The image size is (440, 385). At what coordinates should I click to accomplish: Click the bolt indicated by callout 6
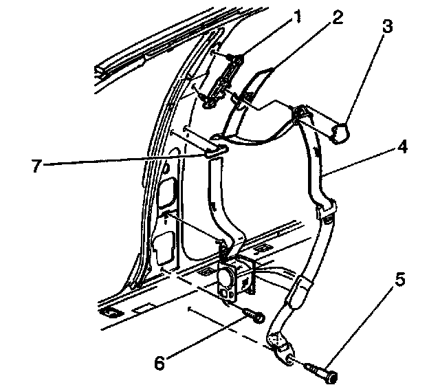click(x=253, y=317)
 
